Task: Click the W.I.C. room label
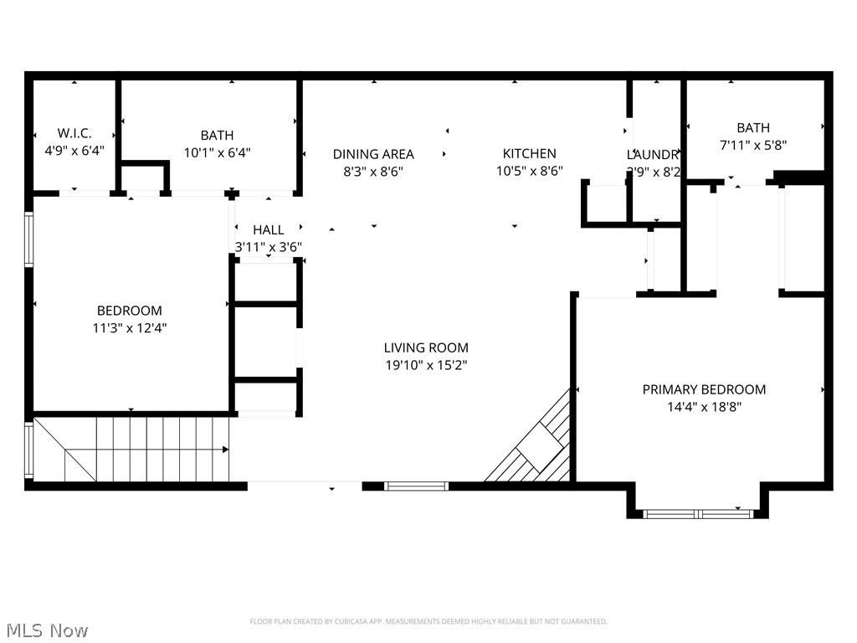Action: coord(74,134)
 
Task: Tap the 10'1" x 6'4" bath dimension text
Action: coord(217,153)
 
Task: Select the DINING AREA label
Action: coord(373,154)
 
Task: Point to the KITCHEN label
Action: coord(529,153)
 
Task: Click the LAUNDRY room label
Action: coord(653,155)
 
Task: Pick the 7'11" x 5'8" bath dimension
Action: coord(753,145)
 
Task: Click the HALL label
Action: coord(268,229)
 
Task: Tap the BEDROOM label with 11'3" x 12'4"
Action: coord(129,311)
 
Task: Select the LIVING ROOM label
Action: coord(426,347)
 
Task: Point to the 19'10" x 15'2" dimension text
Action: coord(426,366)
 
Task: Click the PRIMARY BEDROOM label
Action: coord(704,389)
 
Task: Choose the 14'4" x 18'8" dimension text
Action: coord(704,408)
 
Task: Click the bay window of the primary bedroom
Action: coord(698,513)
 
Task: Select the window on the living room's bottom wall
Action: coord(416,486)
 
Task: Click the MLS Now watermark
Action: coord(46,630)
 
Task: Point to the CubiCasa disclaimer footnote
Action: coord(428,621)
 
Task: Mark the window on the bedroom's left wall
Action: coord(28,239)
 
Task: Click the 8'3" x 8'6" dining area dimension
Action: coord(373,171)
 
